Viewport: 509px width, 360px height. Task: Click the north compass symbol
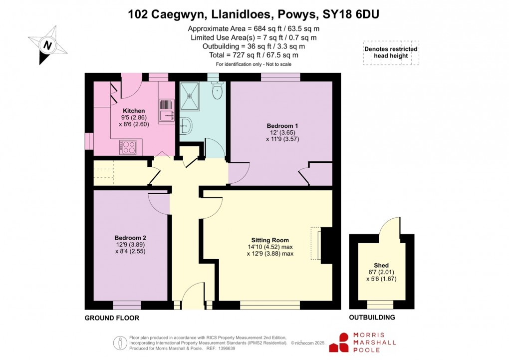47,45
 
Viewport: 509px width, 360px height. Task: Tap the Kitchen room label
134,111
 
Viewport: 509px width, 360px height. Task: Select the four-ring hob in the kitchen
127,146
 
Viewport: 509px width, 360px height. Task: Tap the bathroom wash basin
185,125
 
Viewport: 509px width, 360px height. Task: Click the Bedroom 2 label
130,238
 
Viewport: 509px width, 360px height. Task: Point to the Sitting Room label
270,240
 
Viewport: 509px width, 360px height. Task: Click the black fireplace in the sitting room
326,245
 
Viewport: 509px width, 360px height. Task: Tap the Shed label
381,265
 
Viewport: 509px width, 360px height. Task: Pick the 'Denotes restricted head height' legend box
391,52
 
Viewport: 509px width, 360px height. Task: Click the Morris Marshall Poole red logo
343,343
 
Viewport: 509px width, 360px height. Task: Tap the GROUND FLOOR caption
112,318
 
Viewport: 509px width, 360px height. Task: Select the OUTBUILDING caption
372,318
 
